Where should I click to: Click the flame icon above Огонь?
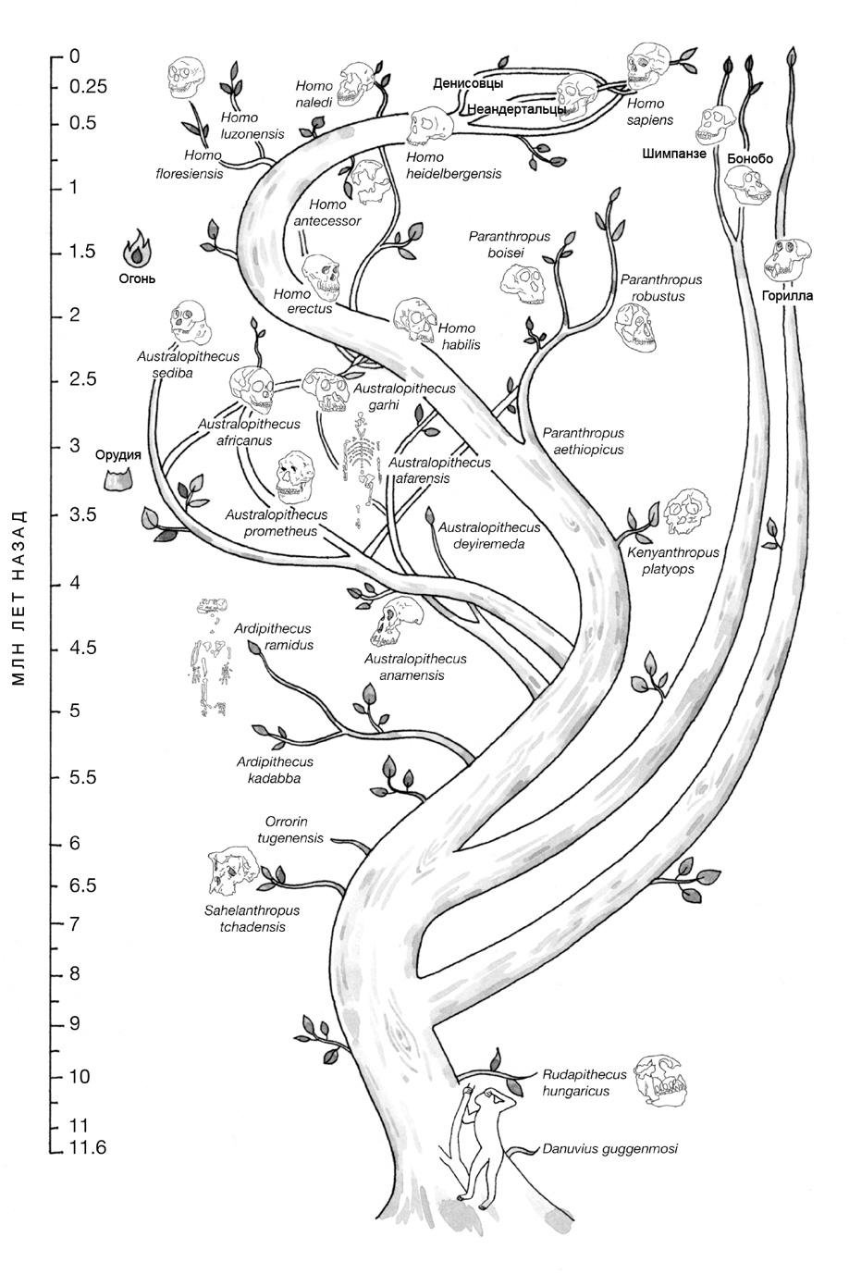tap(138, 248)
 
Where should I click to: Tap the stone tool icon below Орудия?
tap(117, 478)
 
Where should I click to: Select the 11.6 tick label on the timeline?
tap(88, 1148)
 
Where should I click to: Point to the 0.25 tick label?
tap(88, 87)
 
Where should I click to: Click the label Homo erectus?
tap(302, 302)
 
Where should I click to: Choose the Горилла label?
tap(787, 296)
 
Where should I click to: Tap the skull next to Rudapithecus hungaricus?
tap(664, 1081)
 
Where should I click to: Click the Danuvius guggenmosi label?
tap(609, 1148)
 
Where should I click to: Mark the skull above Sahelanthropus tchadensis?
tap(231, 872)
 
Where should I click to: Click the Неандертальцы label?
tap(516, 109)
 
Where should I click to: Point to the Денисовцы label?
tap(468, 84)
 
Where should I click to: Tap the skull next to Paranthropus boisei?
tap(523, 282)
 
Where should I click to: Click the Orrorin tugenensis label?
tap(294, 830)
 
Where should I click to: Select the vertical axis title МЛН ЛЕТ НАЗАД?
tap(20, 598)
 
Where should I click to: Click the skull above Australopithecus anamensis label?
tap(398, 621)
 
